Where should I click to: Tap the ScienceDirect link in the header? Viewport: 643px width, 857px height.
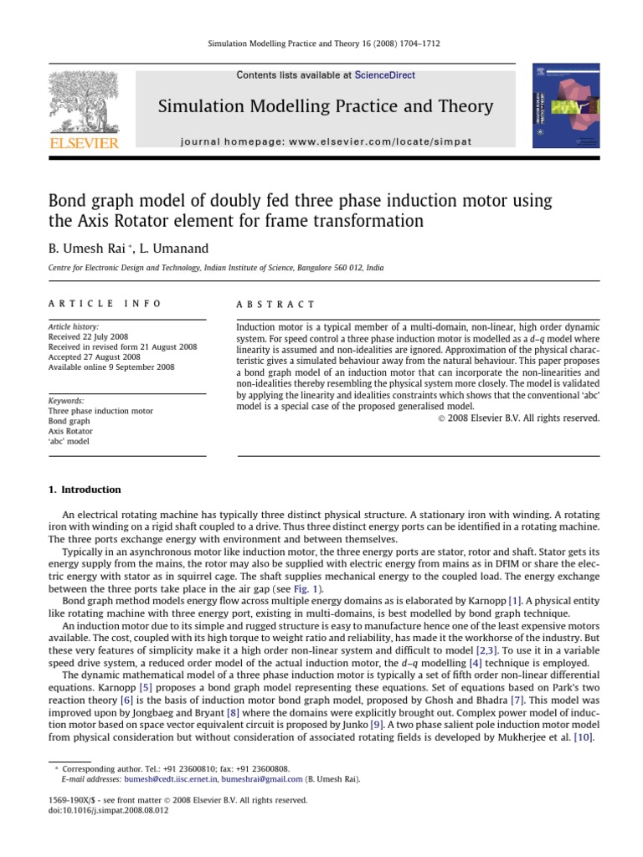click(384, 75)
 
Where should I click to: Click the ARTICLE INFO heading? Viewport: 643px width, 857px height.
click(105, 305)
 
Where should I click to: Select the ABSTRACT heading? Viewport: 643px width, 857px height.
click(275, 305)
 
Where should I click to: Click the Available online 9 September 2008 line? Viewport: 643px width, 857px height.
click(111, 367)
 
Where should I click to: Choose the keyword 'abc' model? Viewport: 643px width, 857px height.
click(69, 441)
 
